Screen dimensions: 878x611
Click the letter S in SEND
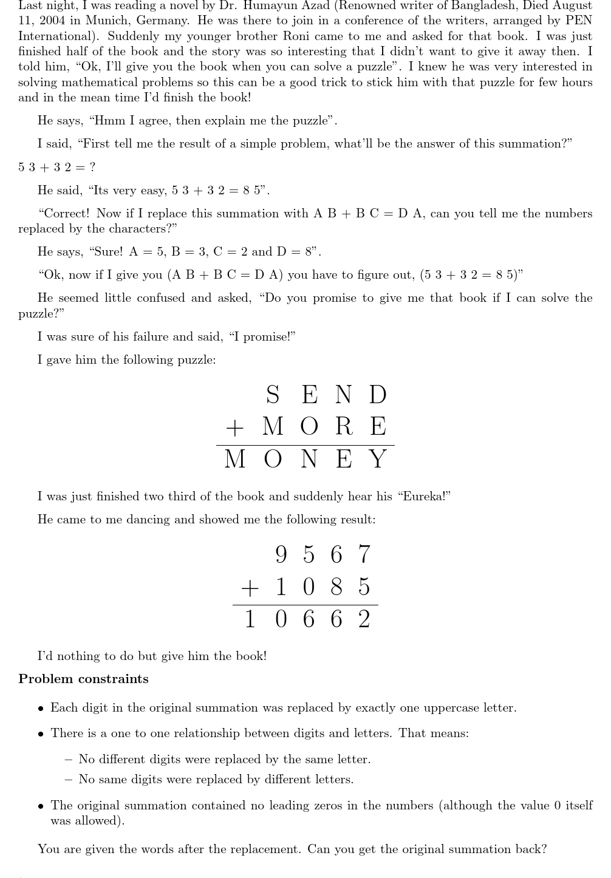coord(273,395)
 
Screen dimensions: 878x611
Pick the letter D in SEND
coord(377,395)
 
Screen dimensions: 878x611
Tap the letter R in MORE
coord(343,426)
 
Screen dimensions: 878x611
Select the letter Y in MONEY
coord(378,459)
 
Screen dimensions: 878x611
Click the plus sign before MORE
coord(234,427)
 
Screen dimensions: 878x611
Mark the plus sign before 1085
coord(249,588)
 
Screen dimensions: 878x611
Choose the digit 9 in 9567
coord(281,554)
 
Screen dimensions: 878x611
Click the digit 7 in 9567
coord(363,554)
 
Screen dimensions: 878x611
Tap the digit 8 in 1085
coord(336,587)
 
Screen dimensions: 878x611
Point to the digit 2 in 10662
coord(363,620)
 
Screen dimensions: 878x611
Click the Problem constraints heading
coord(83,679)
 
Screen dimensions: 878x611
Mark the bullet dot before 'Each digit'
coord(41,709)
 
